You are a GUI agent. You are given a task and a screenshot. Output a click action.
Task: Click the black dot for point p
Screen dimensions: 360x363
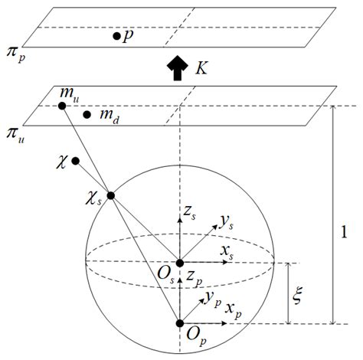(116, 35)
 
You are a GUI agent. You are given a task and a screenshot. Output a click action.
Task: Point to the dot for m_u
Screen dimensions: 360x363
(60, 106)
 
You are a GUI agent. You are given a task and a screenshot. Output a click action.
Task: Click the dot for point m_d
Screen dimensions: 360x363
(87, 115)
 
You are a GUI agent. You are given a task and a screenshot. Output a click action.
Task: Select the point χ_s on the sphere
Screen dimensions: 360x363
(111, 195)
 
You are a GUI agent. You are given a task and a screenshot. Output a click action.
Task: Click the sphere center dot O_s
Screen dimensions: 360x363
(180, 262)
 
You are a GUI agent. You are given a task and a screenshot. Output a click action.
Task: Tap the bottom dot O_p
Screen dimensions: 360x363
(180, 323)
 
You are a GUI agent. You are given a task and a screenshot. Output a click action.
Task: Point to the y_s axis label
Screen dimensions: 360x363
(225, 222)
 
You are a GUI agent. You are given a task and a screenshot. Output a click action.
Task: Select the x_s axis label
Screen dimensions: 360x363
(247, 251)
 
